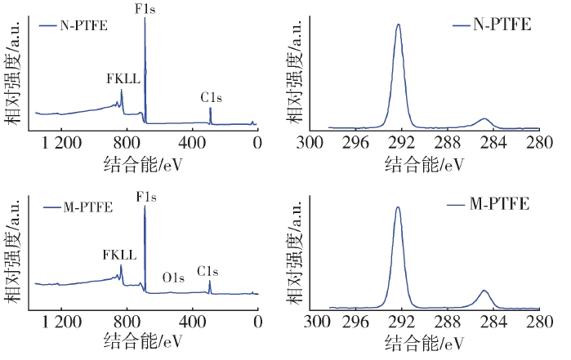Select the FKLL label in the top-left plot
123,79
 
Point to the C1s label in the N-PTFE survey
212,97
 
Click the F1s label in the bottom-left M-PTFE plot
145,198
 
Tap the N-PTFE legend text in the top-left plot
84,24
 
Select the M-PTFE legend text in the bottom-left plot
87,207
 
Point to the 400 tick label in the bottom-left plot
191,321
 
